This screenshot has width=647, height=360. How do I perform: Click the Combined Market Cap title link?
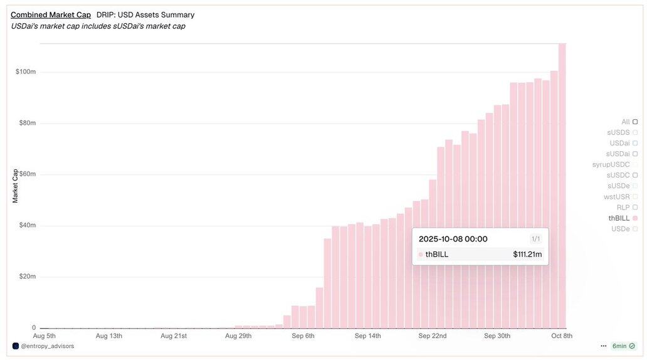click(x=51, y=14)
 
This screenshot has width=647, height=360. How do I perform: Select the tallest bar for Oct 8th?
click(x=562, y=188)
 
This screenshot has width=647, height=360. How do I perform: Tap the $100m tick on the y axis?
click(x=26, y=71)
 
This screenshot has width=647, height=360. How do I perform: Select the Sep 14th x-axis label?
click(x=367, y=336)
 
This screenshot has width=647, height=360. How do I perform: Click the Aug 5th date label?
click(x=44, y=336)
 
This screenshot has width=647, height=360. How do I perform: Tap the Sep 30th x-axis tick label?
click(x=497, y=336)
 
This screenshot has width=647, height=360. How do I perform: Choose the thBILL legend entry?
click(x=619, y=218)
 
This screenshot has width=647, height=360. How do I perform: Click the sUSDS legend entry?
click(x=618, y=132)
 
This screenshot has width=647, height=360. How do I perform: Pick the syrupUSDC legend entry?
click(x=611, y=164)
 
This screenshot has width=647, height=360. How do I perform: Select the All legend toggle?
click(x=626, y=122)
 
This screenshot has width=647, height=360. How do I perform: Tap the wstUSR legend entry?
click(x=617, y=196)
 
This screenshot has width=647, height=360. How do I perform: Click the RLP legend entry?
click(x=623, y=207)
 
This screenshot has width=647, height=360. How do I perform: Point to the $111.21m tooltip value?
click(x=527, y=254)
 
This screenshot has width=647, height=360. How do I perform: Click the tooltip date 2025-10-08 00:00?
click(x=453, y=239)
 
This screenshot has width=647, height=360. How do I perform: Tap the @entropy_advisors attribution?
click(x=47, y=346)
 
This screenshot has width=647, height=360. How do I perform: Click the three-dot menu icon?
click(x=603, y=346)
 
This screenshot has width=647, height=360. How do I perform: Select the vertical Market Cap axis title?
click(x=15, y=186)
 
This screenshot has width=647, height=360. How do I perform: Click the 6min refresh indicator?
click(x=623, y=346)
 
